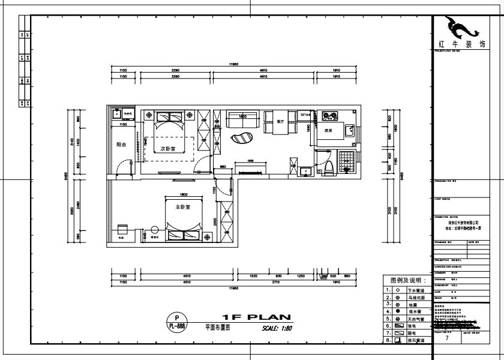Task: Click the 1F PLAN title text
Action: pos(256,317)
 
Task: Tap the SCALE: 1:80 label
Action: pos(277,328)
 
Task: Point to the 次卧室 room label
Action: pos(167,148)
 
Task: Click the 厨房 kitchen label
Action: pos(329,130)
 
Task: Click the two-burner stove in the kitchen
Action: pos(329,115)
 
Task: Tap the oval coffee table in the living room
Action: pos(242,139)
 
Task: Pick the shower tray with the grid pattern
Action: pos(347,162)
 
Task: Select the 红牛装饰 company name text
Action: pos(461,45)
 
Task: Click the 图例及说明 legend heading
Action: pos(407,280)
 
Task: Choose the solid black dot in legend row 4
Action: pos(398,312)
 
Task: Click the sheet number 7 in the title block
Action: pos(446,338)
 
